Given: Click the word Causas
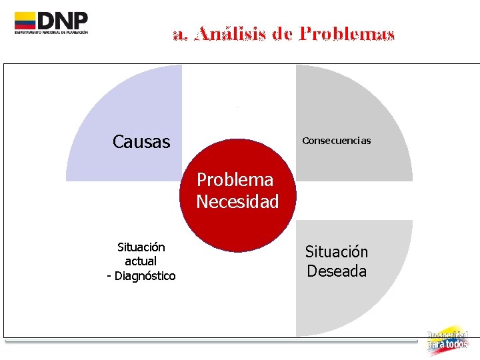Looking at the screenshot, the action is coord(141,142).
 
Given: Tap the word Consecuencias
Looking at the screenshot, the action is coord(336,141).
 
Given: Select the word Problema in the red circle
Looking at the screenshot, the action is coord(235,180).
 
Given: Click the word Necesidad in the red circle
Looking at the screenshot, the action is coord(237,201).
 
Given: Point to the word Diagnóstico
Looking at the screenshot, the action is coord(145,276).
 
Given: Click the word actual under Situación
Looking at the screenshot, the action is coord(141,261).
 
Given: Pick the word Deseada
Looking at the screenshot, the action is coord(337,271).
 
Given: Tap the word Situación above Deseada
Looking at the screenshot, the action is coord(337,252).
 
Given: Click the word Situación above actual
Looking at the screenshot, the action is coord(141,247).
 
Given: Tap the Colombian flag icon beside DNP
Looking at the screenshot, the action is coord(25,21).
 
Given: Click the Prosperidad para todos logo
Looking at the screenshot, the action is coord(447,340).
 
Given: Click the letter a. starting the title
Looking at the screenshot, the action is coord(179,34).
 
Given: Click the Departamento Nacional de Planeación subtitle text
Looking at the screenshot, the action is coord(51,32).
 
